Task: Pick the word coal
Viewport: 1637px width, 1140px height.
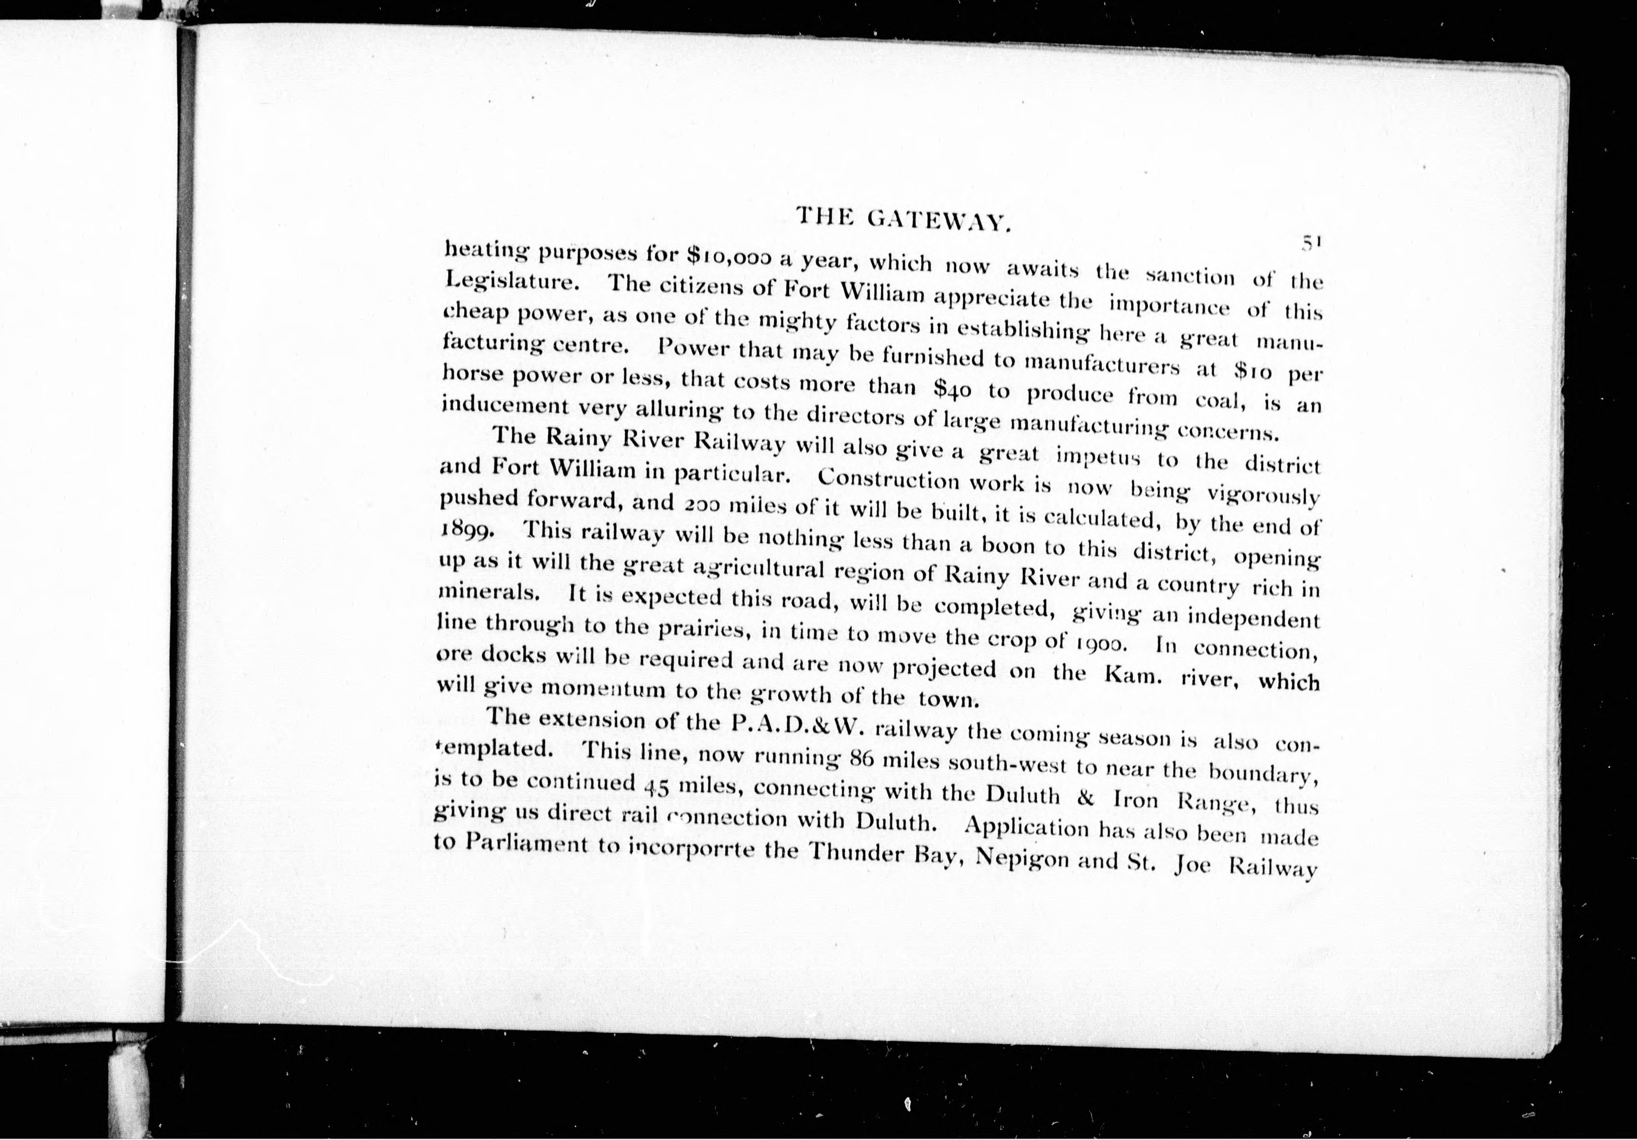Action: click(x=1220, y=400)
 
